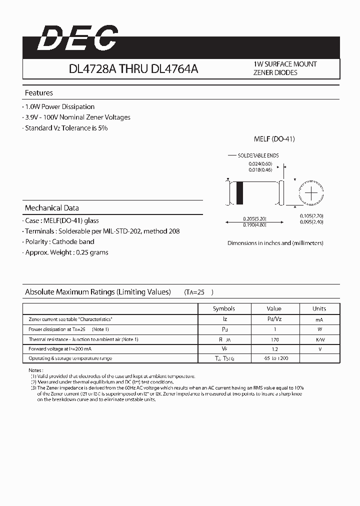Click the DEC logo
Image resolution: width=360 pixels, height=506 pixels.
pos(78,38)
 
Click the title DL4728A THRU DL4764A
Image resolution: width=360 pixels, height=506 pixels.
pos(133,69)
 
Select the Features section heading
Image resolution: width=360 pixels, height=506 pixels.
pos(39,93)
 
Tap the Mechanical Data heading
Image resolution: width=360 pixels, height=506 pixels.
pos(52,208)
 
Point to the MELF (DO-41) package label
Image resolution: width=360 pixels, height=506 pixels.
pos(274,139)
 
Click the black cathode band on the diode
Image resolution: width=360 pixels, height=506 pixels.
pos(239,192)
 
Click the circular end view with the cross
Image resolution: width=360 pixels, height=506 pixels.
pos(311,192)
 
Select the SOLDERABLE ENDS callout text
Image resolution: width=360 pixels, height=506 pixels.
pos(258,156)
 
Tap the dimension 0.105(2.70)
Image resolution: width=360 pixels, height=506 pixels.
pos(311,215)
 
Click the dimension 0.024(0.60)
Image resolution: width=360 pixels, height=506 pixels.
pos(260,163)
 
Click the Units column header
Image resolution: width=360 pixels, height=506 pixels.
pos(319,308)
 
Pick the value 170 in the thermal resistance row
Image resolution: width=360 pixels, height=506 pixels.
pos(274,339)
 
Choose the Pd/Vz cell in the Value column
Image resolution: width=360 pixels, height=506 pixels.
pos(274,319)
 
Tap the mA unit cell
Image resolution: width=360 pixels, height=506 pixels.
pos(319,319)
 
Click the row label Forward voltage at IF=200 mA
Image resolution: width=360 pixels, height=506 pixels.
pos(60,349)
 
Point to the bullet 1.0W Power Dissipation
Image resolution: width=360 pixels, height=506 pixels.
pos(59,107)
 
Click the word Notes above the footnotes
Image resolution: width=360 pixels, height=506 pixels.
pos(36,369)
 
